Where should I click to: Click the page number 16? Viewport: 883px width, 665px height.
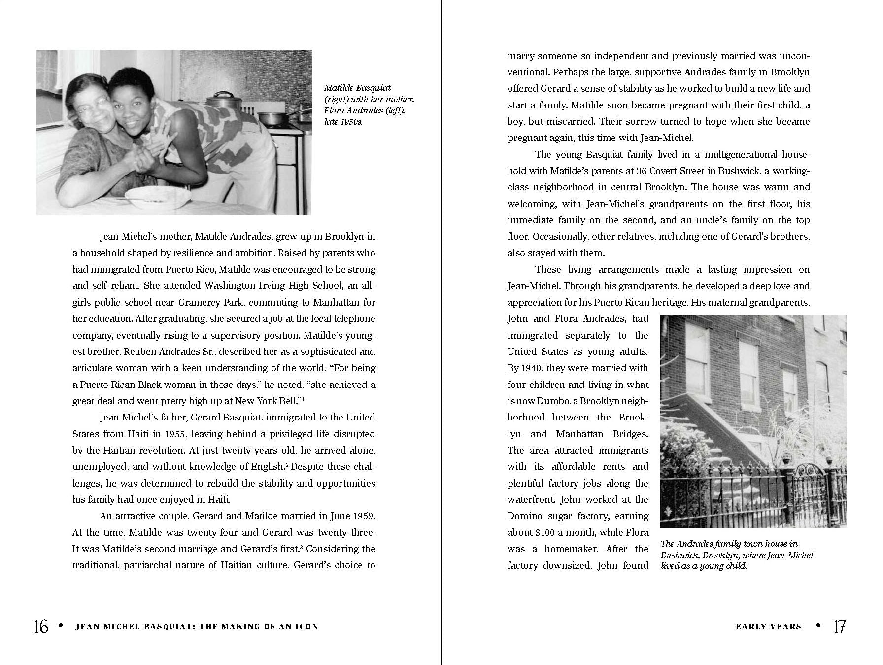(x=41, y=627)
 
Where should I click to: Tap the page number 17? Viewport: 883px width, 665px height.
(x=840, y=627)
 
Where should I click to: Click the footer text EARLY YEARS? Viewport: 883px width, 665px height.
(x=768, y=627)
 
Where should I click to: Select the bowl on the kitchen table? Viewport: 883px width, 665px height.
(x=158, y=196)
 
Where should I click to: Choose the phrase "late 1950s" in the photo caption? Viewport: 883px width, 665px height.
(x=343, y=122)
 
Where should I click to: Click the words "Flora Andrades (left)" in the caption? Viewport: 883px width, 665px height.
(x=364, y=110)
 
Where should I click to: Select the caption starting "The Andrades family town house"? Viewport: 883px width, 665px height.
(x=737, y=555)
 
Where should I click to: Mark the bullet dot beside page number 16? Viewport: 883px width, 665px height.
(x=61, y=625)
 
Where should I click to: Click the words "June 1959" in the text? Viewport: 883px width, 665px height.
(x=352, y=516)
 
